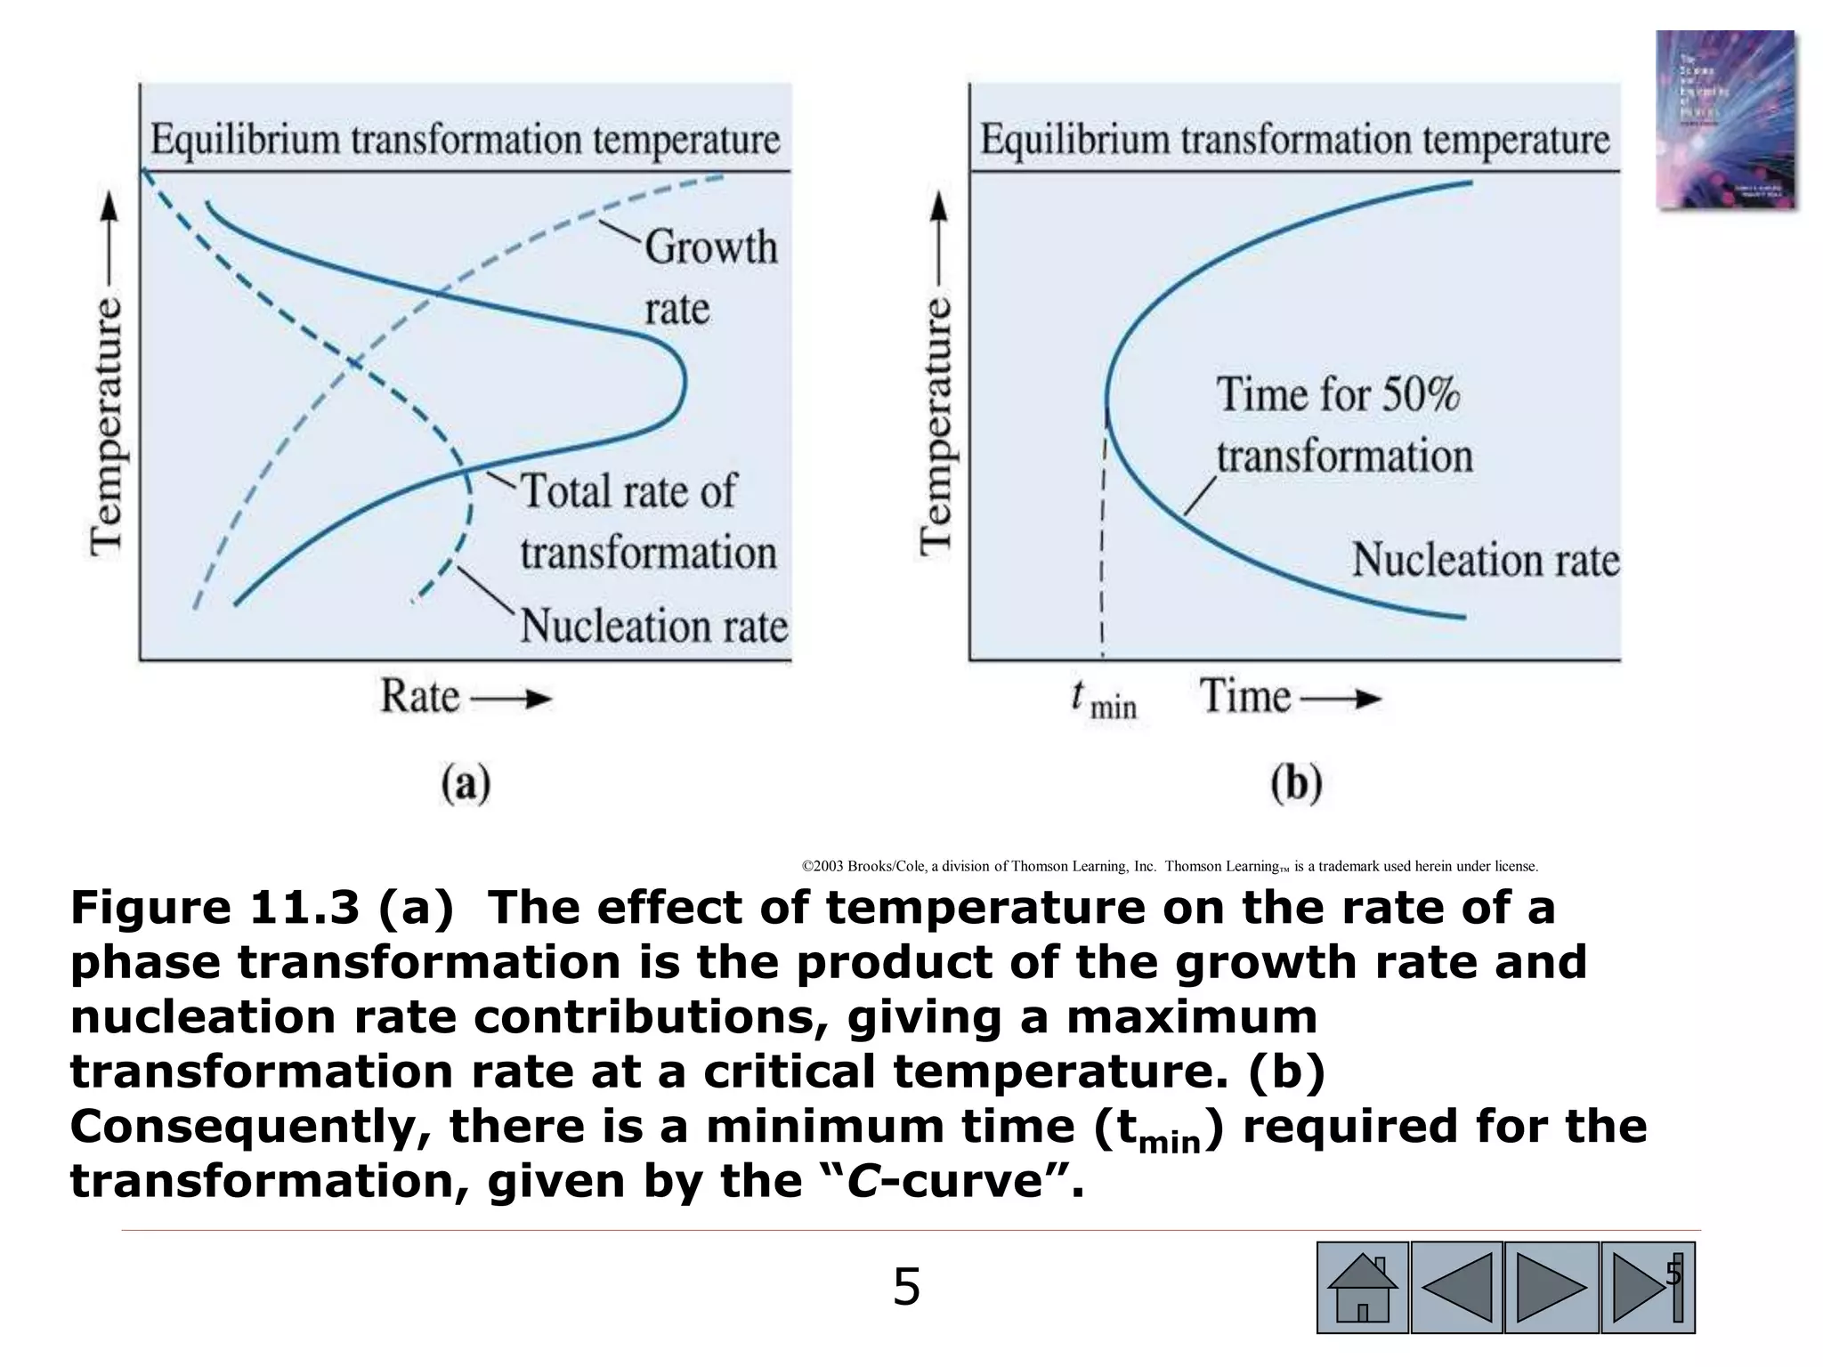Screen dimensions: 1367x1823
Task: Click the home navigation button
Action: click(1362, 1287)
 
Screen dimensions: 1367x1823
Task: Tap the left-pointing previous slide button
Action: click(1457, 1287)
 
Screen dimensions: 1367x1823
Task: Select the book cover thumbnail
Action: click(1724, 120)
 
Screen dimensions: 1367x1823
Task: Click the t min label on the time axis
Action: click(1104, 699)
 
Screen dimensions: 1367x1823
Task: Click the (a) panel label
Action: click(466, 784)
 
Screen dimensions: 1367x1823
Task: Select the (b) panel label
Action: click(1296, 784)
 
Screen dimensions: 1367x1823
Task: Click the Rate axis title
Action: click(420, 696)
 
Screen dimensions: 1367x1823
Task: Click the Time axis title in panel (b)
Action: click(1244, 696)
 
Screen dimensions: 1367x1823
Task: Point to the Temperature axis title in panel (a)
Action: click(107, 427)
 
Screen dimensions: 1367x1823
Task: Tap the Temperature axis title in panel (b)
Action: click(936, 427)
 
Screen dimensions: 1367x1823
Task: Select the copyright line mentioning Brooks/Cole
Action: click(1170, 866)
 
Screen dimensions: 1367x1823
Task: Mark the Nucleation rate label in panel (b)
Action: click(1486, 560)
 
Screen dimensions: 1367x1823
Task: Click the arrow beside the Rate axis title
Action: click(512, 699)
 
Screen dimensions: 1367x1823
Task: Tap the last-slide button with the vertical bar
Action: click(1647, 1287)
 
